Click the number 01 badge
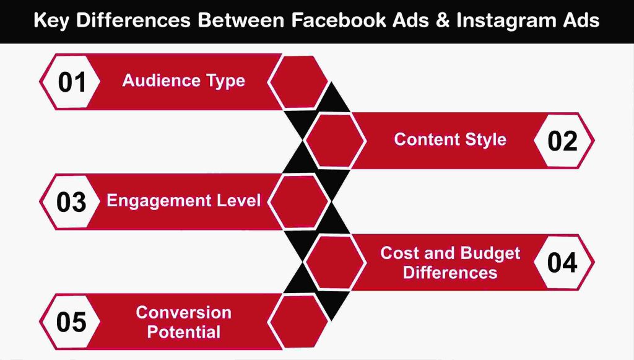pos(72,82)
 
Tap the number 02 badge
pos(562,141)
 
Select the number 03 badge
pos(72,202)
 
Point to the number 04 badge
pos(562,263)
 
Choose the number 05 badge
pos(72,322)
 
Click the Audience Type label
pos(183,81)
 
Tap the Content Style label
pos(450,139)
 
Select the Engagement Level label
pos(184,201)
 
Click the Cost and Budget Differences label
pos(450,263)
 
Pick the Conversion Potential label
pos(184,322)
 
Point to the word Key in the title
pos(50,20)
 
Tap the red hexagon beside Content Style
pos(336,141)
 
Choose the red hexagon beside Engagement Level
pos(299,202)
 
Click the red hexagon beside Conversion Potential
pos(299,322)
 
